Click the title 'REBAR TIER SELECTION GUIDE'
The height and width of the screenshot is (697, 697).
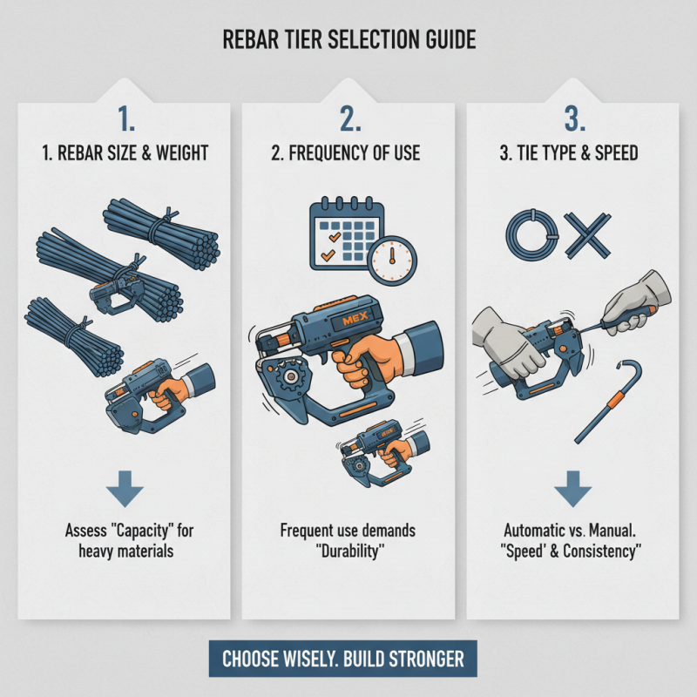(x=348, y=42)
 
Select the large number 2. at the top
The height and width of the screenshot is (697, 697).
(x=348, y=118)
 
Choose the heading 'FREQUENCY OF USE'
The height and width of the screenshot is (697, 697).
(x=348, y=154)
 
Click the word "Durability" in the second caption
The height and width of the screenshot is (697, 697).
(x=348, y=551)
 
